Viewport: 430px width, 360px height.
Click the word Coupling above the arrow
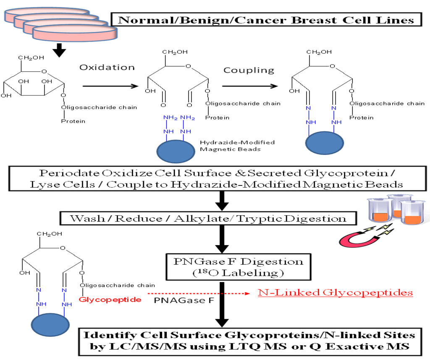coord(249,70)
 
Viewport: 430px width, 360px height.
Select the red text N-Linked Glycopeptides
coord(335,292)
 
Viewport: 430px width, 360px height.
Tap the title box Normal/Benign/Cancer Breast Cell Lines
coord(265,20)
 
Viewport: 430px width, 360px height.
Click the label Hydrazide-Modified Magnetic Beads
coord(238,146)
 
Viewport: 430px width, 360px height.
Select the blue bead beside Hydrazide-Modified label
coord(176,151)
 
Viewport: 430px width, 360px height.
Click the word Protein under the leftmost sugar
coord(73,121)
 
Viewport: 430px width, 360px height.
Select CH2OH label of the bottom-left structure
coord(50,233)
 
